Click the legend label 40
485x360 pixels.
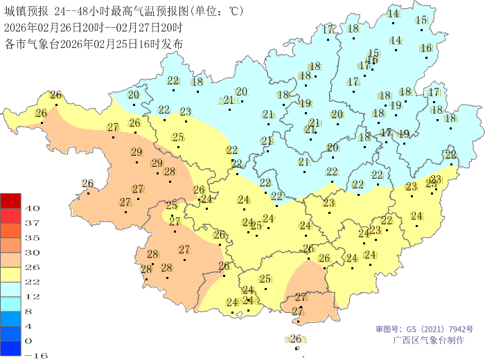coord(33,208)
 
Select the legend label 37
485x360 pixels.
coord(33,223)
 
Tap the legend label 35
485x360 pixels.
coord(33,237)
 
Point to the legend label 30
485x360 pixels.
coord(33,252)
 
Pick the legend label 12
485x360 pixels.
coord(33,296)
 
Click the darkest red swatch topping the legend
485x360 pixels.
coord(10,201)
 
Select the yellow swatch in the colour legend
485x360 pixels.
coord(10,274)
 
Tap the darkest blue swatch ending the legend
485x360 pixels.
coord(10,348)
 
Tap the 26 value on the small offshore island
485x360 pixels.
coord(295,339)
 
